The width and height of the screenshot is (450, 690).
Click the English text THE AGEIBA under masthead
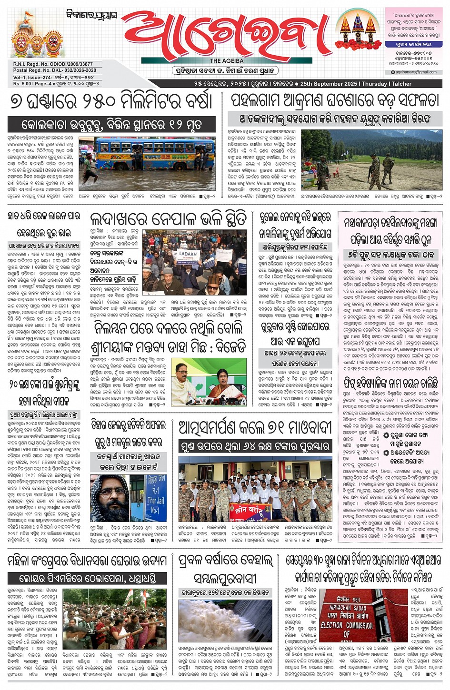(x=227, y=61)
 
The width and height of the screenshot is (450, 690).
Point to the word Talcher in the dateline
(x=401, y=84)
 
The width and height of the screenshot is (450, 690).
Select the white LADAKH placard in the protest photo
(x=188, y=254)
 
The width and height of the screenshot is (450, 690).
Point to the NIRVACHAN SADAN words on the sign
(x=348, y=608)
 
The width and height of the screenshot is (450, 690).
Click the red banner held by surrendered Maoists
(x=250, y=511)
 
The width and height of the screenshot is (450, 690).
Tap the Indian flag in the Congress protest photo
(x=129, y=597)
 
